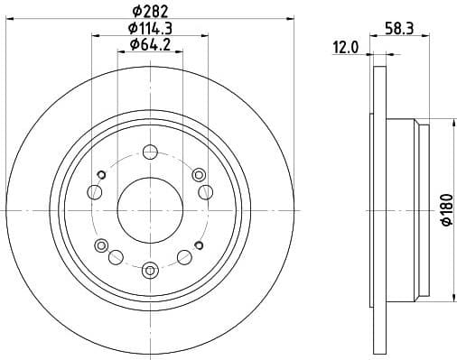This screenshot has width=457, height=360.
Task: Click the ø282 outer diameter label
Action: coord(151,10)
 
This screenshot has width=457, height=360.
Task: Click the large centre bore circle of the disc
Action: coord(150,208)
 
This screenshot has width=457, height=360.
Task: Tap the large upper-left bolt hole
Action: coord(95,190)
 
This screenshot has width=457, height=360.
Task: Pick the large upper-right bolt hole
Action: coord(205,190)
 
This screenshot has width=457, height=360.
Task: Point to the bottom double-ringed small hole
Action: coord(150,267)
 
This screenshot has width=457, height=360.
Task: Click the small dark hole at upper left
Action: coord(102,174)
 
